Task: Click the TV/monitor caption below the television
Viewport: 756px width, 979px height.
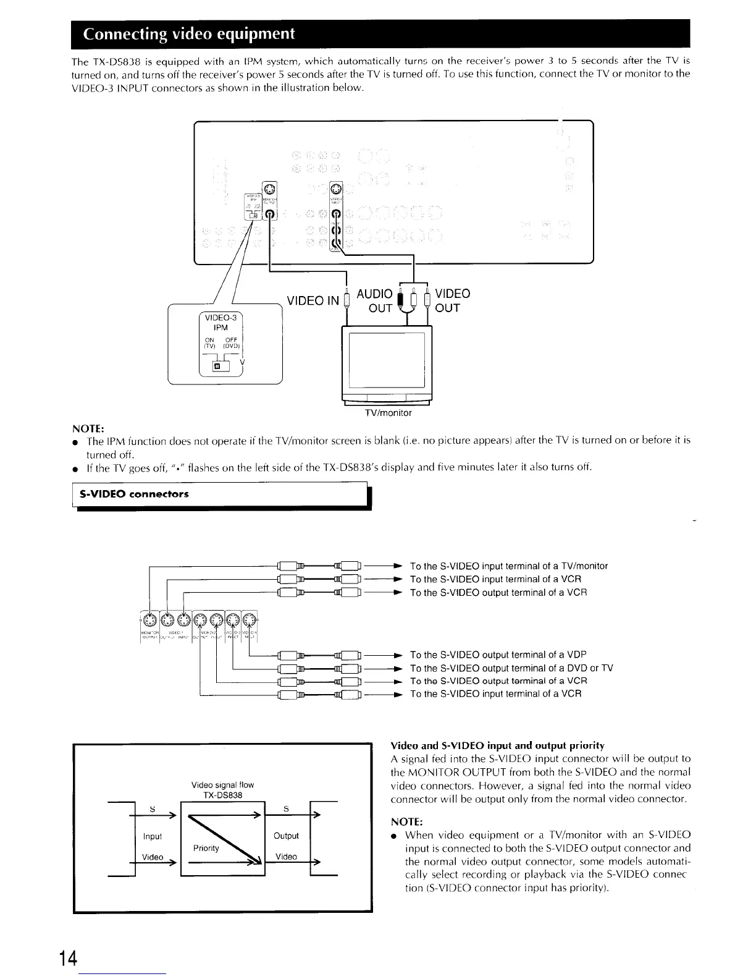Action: (x=388, y=412)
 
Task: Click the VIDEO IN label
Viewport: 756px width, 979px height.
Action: (x=313, y=301)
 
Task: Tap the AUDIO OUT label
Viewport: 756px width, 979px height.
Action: (x=375, y=300)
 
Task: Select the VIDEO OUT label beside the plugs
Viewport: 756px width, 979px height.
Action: (x=453, y=300)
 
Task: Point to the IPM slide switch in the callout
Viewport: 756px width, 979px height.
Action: (x=217, y=367)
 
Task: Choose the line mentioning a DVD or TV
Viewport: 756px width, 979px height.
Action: (x=511, y=668)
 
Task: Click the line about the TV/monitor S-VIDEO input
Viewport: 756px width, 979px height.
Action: (x=509, y=566)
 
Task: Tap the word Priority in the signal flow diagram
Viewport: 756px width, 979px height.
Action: (x=206, y=848)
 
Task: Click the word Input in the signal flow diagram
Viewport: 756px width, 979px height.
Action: (x=152, y=836)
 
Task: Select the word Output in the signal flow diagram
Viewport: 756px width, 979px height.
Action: (x=286, y=836)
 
